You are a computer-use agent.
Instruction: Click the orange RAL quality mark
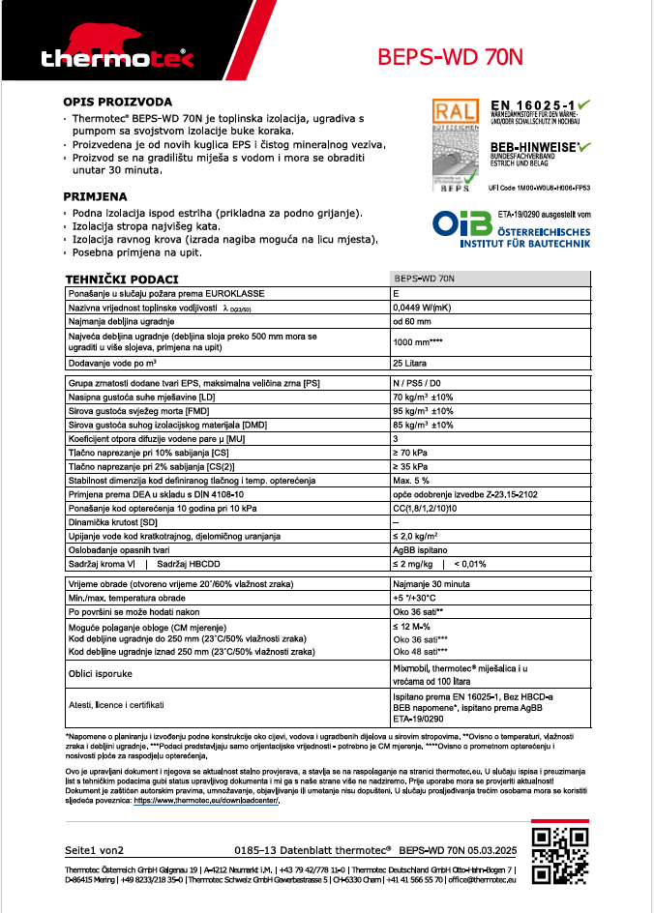(455, 112)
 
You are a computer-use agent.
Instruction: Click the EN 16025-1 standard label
(533, 104)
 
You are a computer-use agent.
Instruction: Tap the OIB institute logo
(459, 226)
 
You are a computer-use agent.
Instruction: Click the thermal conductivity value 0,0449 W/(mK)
(425, 307)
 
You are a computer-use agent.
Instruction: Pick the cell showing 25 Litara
(410, 363)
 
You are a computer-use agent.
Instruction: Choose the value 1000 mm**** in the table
(417, 341)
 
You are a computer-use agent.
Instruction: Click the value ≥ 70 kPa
(410, 453)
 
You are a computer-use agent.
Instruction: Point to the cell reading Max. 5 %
(411, 481)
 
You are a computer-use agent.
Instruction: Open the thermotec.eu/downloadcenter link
(206, 801)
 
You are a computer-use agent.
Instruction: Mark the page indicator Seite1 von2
(94, 850)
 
